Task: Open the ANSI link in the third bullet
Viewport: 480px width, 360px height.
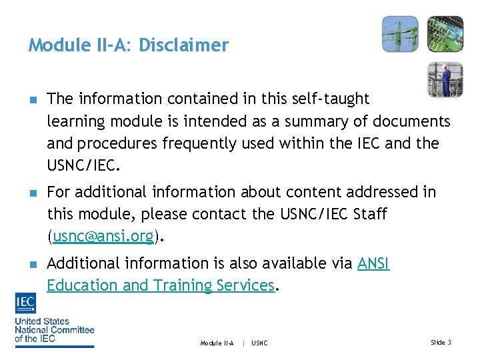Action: point(373,263)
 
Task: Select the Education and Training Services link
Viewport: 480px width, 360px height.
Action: point(160,285)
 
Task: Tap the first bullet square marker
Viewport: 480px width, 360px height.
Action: point(32,99)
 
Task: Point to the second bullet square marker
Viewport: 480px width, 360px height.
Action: point(32,193)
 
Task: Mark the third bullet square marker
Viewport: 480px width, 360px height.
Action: point(32,264)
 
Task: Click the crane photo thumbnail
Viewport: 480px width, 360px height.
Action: point(400,34)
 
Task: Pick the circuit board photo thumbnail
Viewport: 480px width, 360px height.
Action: point(445,34)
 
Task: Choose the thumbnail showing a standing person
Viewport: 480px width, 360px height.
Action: point(445,80)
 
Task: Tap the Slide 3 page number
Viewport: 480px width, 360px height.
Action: point(441,343)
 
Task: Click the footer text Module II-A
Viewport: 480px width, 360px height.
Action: point(217,343)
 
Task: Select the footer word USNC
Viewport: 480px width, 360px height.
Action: point(260,343)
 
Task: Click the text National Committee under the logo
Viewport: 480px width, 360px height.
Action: point(55,329)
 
